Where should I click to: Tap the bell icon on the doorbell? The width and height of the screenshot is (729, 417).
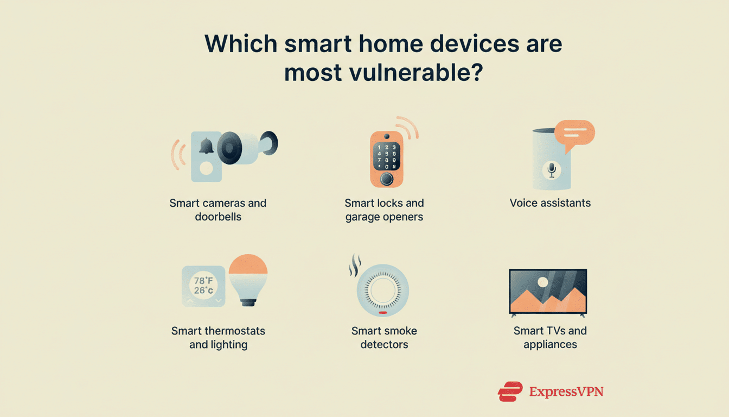pos(206,146)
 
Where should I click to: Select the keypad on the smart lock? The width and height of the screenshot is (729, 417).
pos(386,157)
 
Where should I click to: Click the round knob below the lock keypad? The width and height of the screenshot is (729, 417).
pos(386,179)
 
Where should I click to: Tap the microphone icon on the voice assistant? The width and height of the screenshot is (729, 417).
pos(552,170)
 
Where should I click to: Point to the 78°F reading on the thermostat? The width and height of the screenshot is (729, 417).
pos(203,281)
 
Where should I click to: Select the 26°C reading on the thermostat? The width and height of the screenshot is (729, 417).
pos(203,291)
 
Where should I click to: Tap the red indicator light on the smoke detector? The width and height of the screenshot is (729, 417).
pos(382,313)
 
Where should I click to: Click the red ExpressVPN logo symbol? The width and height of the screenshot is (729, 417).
pos(510,391)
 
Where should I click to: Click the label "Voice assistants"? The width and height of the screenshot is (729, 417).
pos(550,203)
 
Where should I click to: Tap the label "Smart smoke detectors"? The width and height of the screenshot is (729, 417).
pos(384,337)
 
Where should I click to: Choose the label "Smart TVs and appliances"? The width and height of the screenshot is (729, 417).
pos(550,337)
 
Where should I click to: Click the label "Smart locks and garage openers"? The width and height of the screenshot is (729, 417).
pos(384,210)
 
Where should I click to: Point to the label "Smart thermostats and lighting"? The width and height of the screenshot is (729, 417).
pos(218,337)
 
